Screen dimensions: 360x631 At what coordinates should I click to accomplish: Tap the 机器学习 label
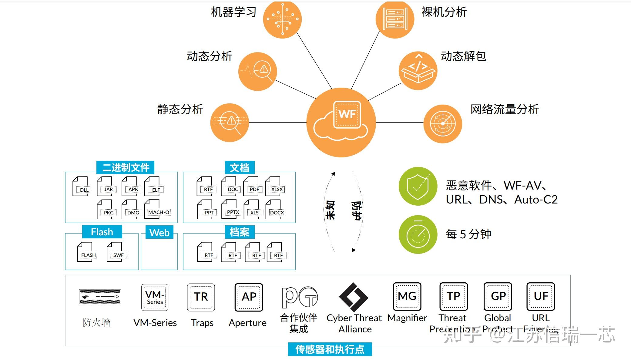[233, 12]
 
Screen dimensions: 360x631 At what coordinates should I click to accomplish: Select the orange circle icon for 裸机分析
[394, 19]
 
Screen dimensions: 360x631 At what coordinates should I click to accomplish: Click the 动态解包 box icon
[418, 71]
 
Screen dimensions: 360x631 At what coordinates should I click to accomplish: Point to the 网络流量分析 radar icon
[442, 123]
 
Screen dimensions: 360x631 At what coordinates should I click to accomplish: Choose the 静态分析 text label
[180, 109]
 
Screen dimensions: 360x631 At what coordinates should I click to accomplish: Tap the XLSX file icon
[275, 186]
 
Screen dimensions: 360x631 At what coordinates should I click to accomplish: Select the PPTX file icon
[231, 209]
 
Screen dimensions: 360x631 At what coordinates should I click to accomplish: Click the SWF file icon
[116, 252]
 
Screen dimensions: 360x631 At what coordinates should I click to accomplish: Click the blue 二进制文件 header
[125, 167]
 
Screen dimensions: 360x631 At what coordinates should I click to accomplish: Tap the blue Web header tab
[159, 233]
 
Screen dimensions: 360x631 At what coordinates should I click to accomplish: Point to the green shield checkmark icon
[418, 186]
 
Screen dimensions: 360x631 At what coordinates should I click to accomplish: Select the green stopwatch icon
[418, 234]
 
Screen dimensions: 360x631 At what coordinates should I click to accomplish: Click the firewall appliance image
[100, 296]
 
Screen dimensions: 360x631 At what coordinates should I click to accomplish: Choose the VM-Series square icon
[155, 298]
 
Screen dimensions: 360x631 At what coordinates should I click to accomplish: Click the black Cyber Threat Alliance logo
[354, 298]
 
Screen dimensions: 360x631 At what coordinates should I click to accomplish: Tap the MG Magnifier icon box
[407, 296]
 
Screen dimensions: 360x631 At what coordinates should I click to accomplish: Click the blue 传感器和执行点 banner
[330, 349]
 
